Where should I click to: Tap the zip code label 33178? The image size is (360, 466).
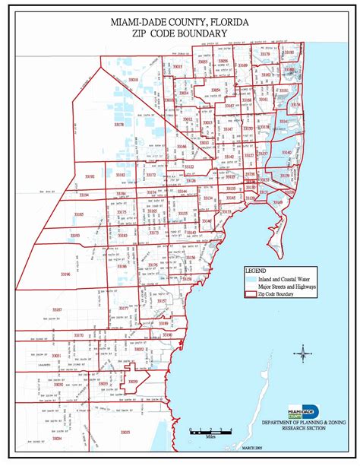tap(119, 123)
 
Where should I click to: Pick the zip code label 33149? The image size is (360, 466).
tap(278, 201)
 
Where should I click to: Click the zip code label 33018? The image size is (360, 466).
tap(133, 79)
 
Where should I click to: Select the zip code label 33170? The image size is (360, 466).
tap(77, 335)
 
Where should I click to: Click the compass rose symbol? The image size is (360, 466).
tap(302, 352)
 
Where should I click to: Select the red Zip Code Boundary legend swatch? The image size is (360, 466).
tap(250, 293)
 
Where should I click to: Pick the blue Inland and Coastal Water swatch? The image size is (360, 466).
tap(250, 278)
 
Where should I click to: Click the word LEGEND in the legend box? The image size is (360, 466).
tap(257, 271)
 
